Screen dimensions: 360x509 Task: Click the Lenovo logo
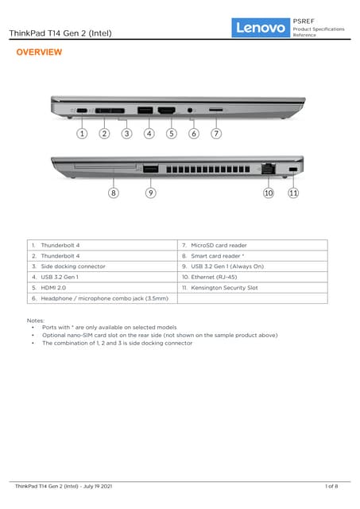click(261, 28)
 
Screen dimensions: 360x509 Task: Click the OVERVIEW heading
click(39, 52)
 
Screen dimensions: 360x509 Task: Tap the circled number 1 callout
click(82, 134)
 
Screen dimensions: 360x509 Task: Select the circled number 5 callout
click(172, 134)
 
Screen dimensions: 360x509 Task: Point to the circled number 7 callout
click(216, 134)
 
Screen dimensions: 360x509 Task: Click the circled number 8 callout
click(113, 192)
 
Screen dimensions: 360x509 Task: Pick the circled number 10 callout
click(269, 192)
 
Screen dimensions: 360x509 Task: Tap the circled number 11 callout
click(293, 192)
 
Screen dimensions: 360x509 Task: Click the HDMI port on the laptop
click(167, 111)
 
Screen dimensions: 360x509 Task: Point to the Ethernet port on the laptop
click(269, 169)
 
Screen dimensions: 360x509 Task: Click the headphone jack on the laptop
click(190, 111)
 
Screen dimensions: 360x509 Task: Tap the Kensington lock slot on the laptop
click(293, 169)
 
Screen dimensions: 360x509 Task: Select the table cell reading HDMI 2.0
click(103, 288)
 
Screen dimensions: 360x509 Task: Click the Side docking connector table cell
click(103, 266)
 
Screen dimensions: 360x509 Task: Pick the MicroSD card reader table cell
click(253, 245)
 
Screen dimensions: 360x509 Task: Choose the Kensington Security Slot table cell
click(253, 288)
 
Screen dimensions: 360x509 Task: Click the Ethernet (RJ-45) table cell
click(253, 277)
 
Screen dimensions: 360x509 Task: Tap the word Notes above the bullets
click(35, 321)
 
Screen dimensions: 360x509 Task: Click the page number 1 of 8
click(331, 486)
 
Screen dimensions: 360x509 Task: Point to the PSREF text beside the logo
click(304, 21)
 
